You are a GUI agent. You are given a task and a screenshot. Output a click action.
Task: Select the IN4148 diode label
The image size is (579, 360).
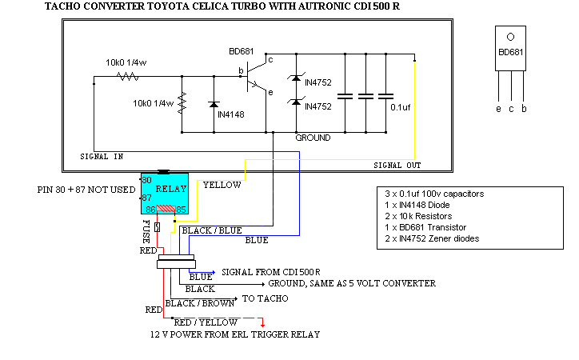pyautogui.click(x=232, y=114)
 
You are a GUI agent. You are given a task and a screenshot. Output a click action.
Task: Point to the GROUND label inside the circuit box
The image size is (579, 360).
pyautogui.click(x=313, y=138)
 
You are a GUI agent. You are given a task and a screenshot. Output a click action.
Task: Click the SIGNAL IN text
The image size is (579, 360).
pyautogui.click(x=102, y=157)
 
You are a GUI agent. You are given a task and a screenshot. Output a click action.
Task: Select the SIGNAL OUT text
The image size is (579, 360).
pyautogui.click(x=397, y=165)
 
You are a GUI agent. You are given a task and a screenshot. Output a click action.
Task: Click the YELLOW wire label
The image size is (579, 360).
pyautogui.click(x=222, y=185)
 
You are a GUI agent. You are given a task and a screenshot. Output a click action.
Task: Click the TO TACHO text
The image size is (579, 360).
pyautogui.click(x=265, y=298)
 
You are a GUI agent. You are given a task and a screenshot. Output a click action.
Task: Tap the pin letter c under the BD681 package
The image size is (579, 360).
pyautogui.click(x=511, y=108)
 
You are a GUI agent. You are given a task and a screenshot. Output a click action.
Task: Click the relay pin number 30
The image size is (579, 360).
pyautogui.click(x=146, y=181)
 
